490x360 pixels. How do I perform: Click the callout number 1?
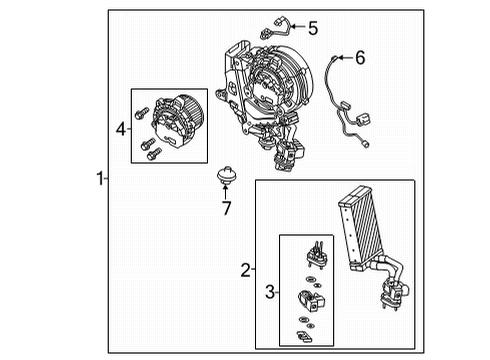(x=99, y=179)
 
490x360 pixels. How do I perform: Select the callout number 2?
(x=244, y=268)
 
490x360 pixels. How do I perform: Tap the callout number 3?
(x=267, y=291)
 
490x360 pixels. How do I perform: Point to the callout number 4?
(x=121, y=128)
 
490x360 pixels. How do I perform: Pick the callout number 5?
(x=312, y=28)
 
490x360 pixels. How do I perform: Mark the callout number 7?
(x=227, y=209)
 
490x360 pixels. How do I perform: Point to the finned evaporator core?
(x=365, y=228)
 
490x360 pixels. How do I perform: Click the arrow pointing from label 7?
(x=227, y=193)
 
